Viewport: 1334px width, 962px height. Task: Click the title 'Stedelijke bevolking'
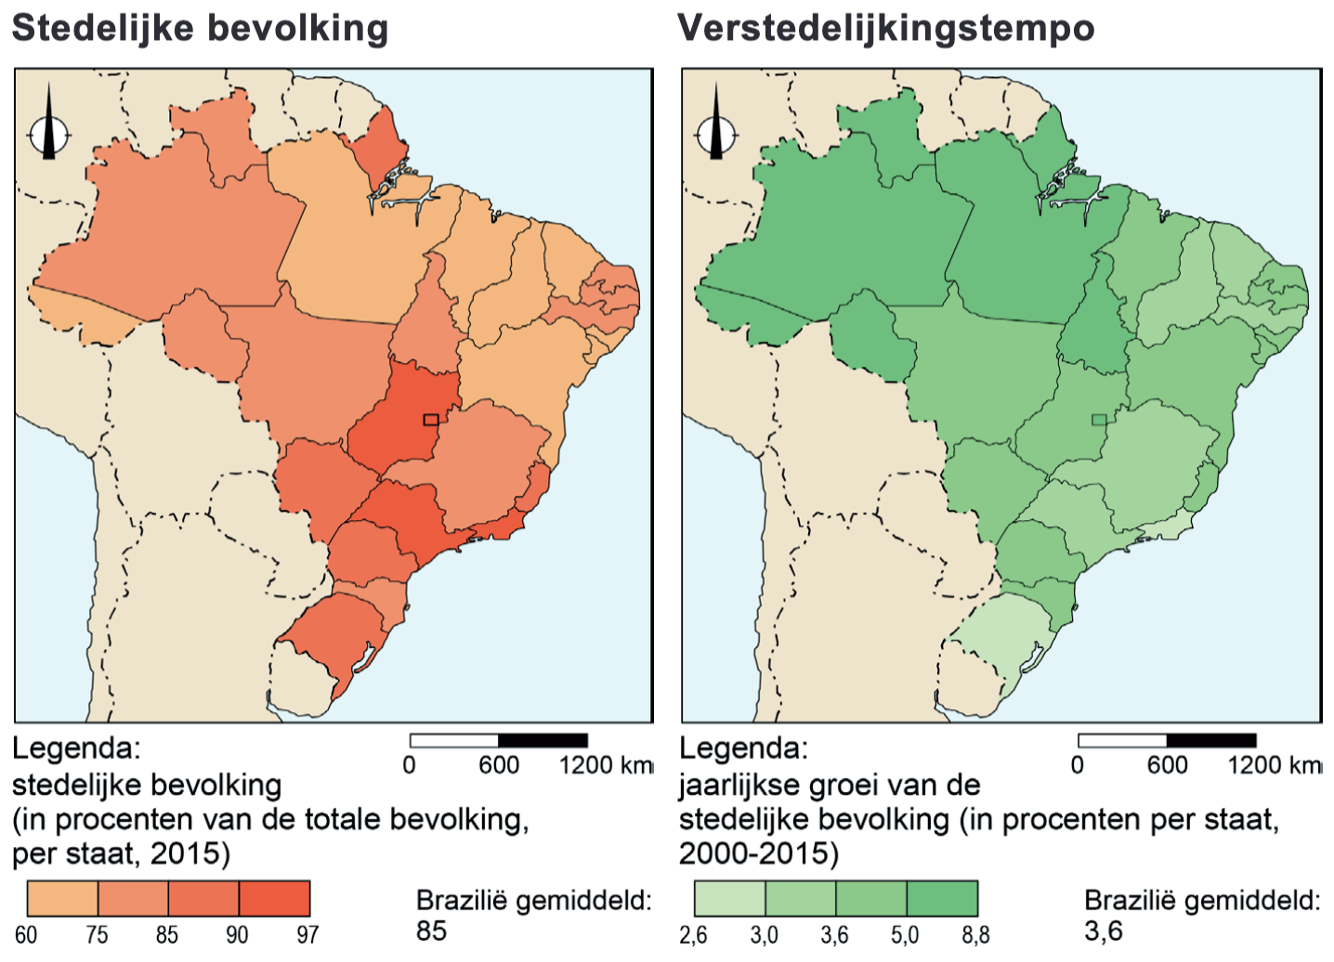[x=200, y=28]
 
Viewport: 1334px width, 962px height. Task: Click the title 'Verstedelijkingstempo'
[x=886, y=28]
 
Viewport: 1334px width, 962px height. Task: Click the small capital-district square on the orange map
[x=430, y=420]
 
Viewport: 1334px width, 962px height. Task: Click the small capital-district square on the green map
[x=1099, y=420]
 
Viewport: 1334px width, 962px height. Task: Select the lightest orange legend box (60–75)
[x=62, y=899]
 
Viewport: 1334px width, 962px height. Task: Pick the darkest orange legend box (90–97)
[x=274, y=899]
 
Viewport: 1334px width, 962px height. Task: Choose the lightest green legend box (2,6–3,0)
[x=730, y=899]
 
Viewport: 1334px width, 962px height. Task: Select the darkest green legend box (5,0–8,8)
[x=942, y=899]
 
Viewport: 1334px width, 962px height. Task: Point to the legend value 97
[x=307, y=934]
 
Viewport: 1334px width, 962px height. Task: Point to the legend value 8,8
[x=975, y=934]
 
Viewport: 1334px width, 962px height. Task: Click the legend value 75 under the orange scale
[x=97, y=934]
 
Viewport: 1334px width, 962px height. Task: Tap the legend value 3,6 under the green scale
[x=834, y=934]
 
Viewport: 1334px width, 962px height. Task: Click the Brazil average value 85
[x=431, y=930]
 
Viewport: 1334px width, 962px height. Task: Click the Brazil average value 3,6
[x=1103, y=930]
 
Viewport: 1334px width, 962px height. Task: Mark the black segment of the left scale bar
[x=543, y=740]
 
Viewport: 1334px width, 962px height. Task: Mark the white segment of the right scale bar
[x=1122, y=740]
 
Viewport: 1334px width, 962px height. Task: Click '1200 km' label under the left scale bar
[x=606, y=765]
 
